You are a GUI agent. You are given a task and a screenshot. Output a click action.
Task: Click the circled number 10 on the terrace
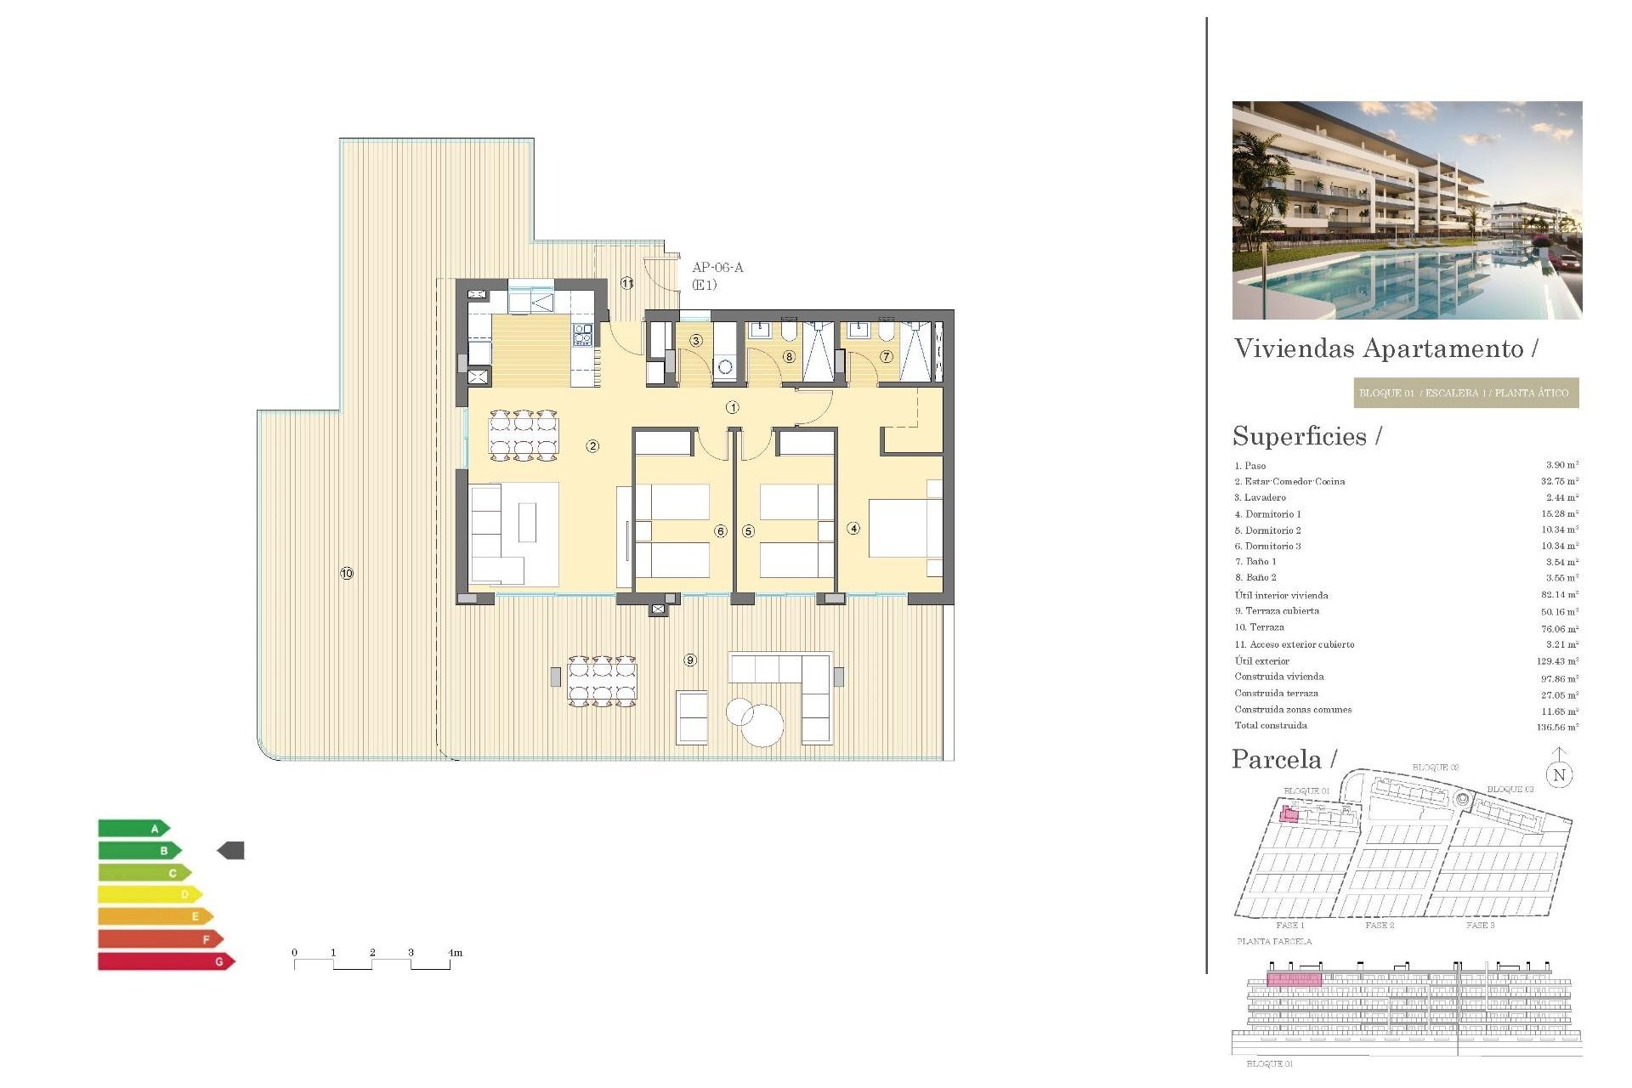tap(347, 574)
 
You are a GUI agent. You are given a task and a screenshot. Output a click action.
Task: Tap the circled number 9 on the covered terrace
tap(690, 660)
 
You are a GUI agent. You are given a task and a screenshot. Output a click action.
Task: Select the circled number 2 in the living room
tap(592, 446)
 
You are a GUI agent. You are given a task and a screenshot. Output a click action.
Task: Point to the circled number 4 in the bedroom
tap(853, 529)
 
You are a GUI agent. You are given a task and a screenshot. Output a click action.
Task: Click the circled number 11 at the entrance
tap(627, 283)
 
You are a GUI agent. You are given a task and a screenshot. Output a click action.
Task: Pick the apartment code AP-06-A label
tap(717, 268)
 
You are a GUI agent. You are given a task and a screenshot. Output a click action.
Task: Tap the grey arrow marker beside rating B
tap(231, 850)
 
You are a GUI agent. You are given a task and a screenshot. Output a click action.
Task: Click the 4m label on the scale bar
tap(456, 953)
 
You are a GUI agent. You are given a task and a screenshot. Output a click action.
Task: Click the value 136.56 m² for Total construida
tap(1557, 728)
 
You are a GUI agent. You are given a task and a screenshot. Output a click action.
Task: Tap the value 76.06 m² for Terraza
tap(1559, 629)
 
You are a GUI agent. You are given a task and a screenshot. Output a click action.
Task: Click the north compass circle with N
tap(1559, 775)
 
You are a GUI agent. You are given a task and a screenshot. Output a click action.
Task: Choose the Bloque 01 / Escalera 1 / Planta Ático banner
tap(1465, 393)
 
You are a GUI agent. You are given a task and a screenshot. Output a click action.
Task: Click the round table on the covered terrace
tap(762, 726)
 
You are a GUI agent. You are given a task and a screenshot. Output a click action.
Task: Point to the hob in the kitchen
tap(582, 334)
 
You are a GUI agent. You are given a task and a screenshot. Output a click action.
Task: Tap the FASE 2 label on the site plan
tap(1380, 925)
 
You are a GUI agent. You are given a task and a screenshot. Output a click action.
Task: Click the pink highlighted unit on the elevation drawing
tap(1294, 979)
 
